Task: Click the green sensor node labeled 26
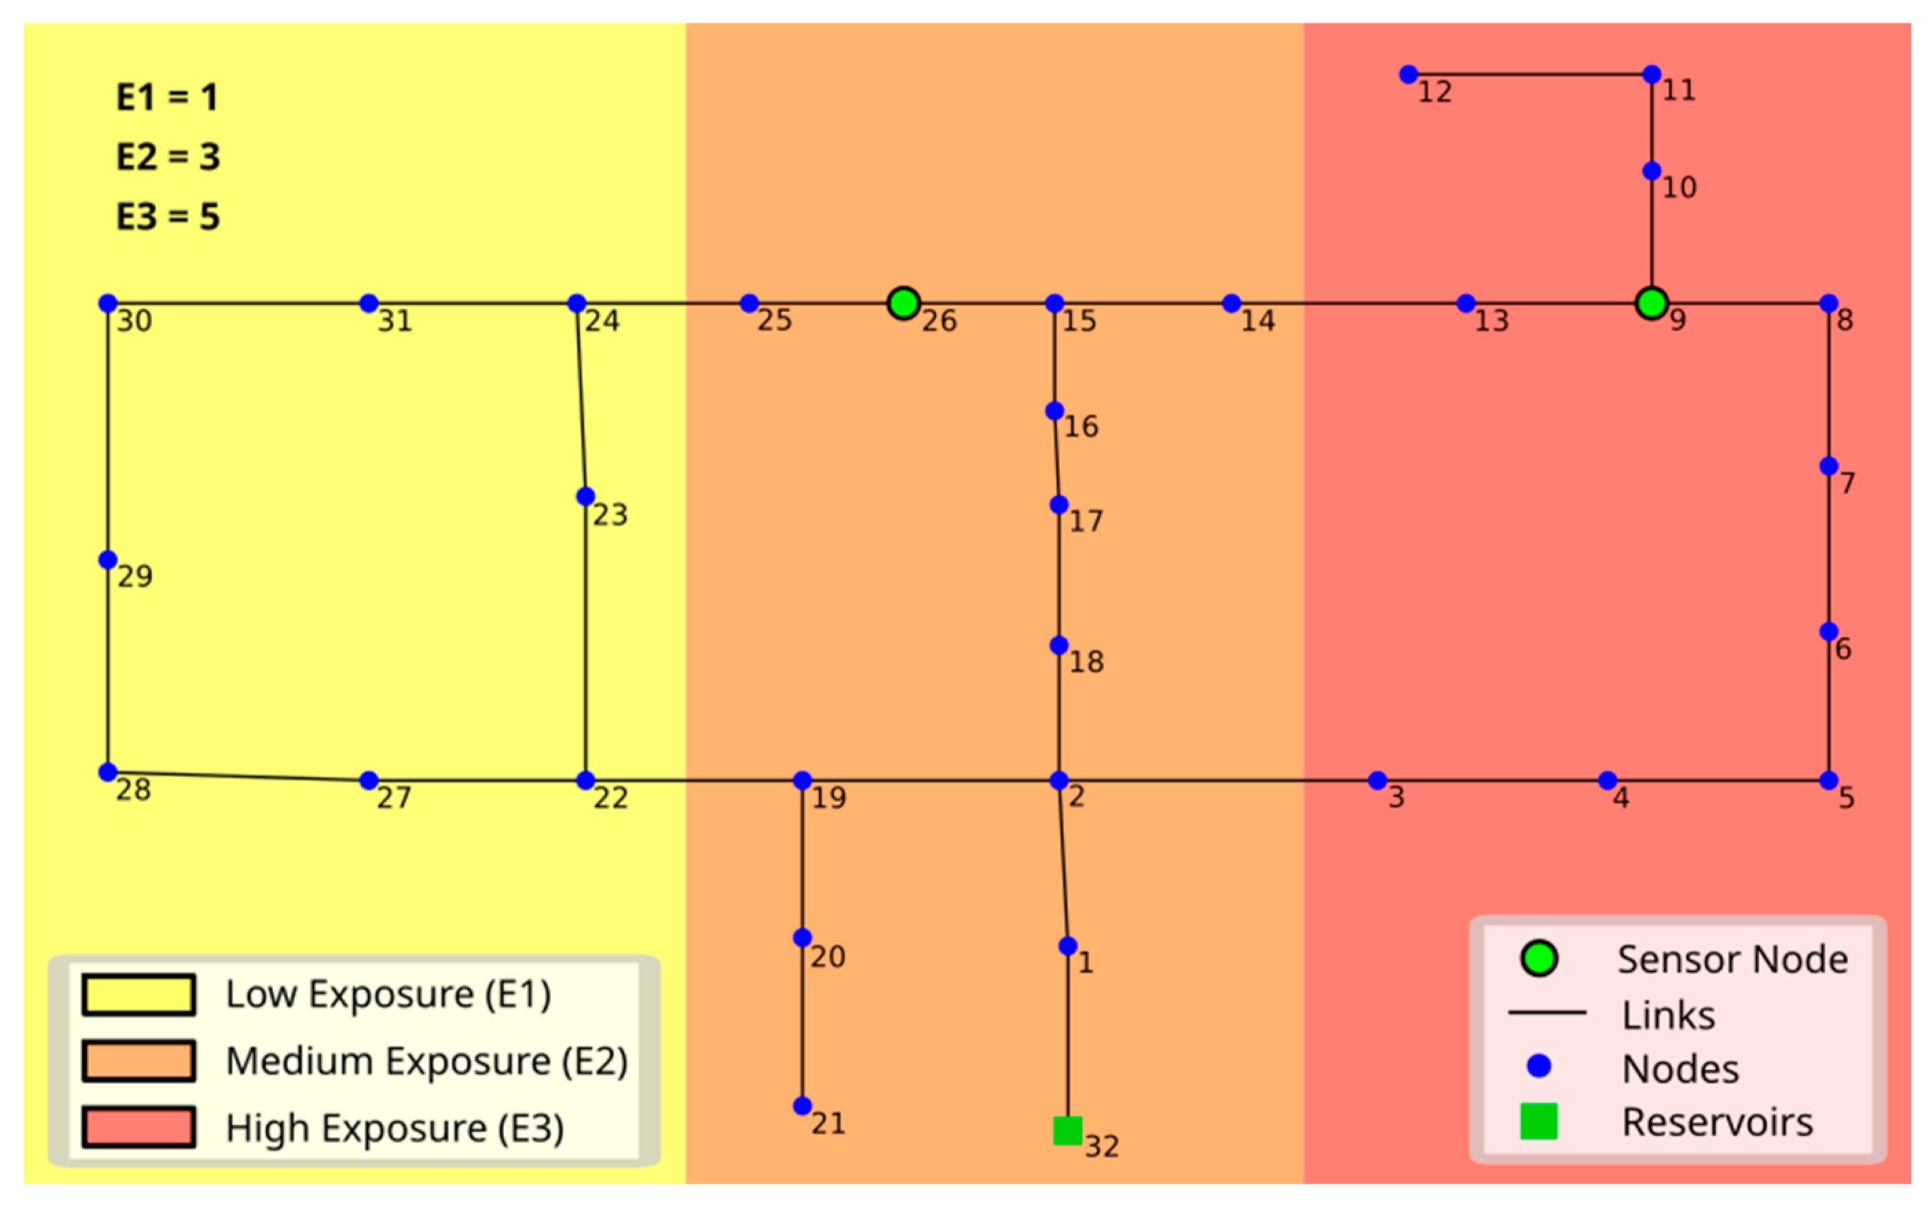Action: click(903, 303)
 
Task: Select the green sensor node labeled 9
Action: click(1651, 303)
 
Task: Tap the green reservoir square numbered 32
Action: click(1068, 1130)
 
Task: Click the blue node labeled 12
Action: click(1408, 74)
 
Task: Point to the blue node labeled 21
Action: click(803, 1105)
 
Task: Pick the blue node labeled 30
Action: click(107, 303)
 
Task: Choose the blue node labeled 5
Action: click(1829, 780)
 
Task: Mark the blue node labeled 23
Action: click(585, 497)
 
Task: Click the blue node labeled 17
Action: click(1059, 504)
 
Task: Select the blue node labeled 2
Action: click(1059, 780)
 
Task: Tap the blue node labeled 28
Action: click(107, 772)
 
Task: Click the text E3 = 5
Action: click(168, 217)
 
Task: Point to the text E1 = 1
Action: click(167, 97)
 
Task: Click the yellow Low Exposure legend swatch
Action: click(139, 995)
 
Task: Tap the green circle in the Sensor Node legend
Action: click(1539, 959)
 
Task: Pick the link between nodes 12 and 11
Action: click(1530, 74)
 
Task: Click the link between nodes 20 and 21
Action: click(803, 1021)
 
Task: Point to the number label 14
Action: click(1257, 321)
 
